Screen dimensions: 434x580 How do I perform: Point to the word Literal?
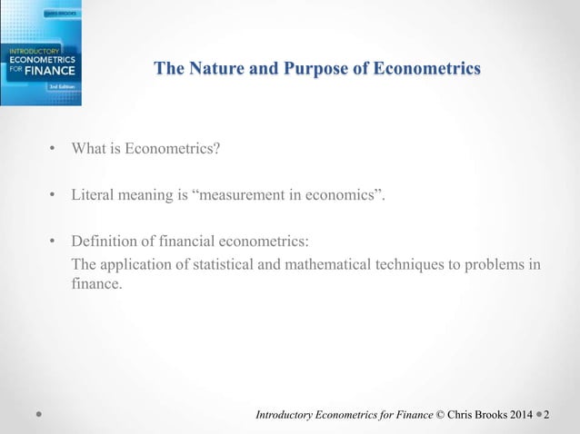click(93, 194)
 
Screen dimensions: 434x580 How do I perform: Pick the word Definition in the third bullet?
click(103, 241)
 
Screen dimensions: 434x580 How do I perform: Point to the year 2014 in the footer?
click(519, 416)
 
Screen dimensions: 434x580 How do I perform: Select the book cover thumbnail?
click(41, 52)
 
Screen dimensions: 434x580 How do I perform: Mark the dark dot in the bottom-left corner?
click(38, 416)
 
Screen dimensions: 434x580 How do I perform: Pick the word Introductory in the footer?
click(285, 416)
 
